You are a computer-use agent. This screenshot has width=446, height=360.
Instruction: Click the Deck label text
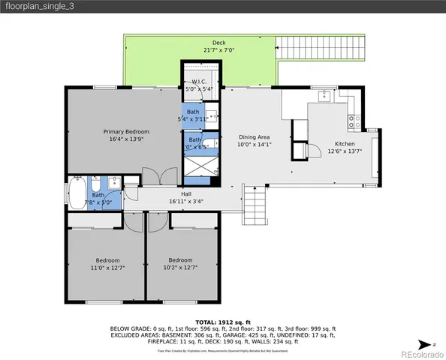(218, 43)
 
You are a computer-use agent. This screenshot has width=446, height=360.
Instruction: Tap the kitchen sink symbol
(324, 97)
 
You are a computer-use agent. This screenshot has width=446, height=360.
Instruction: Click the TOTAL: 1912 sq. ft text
(223, 320)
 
